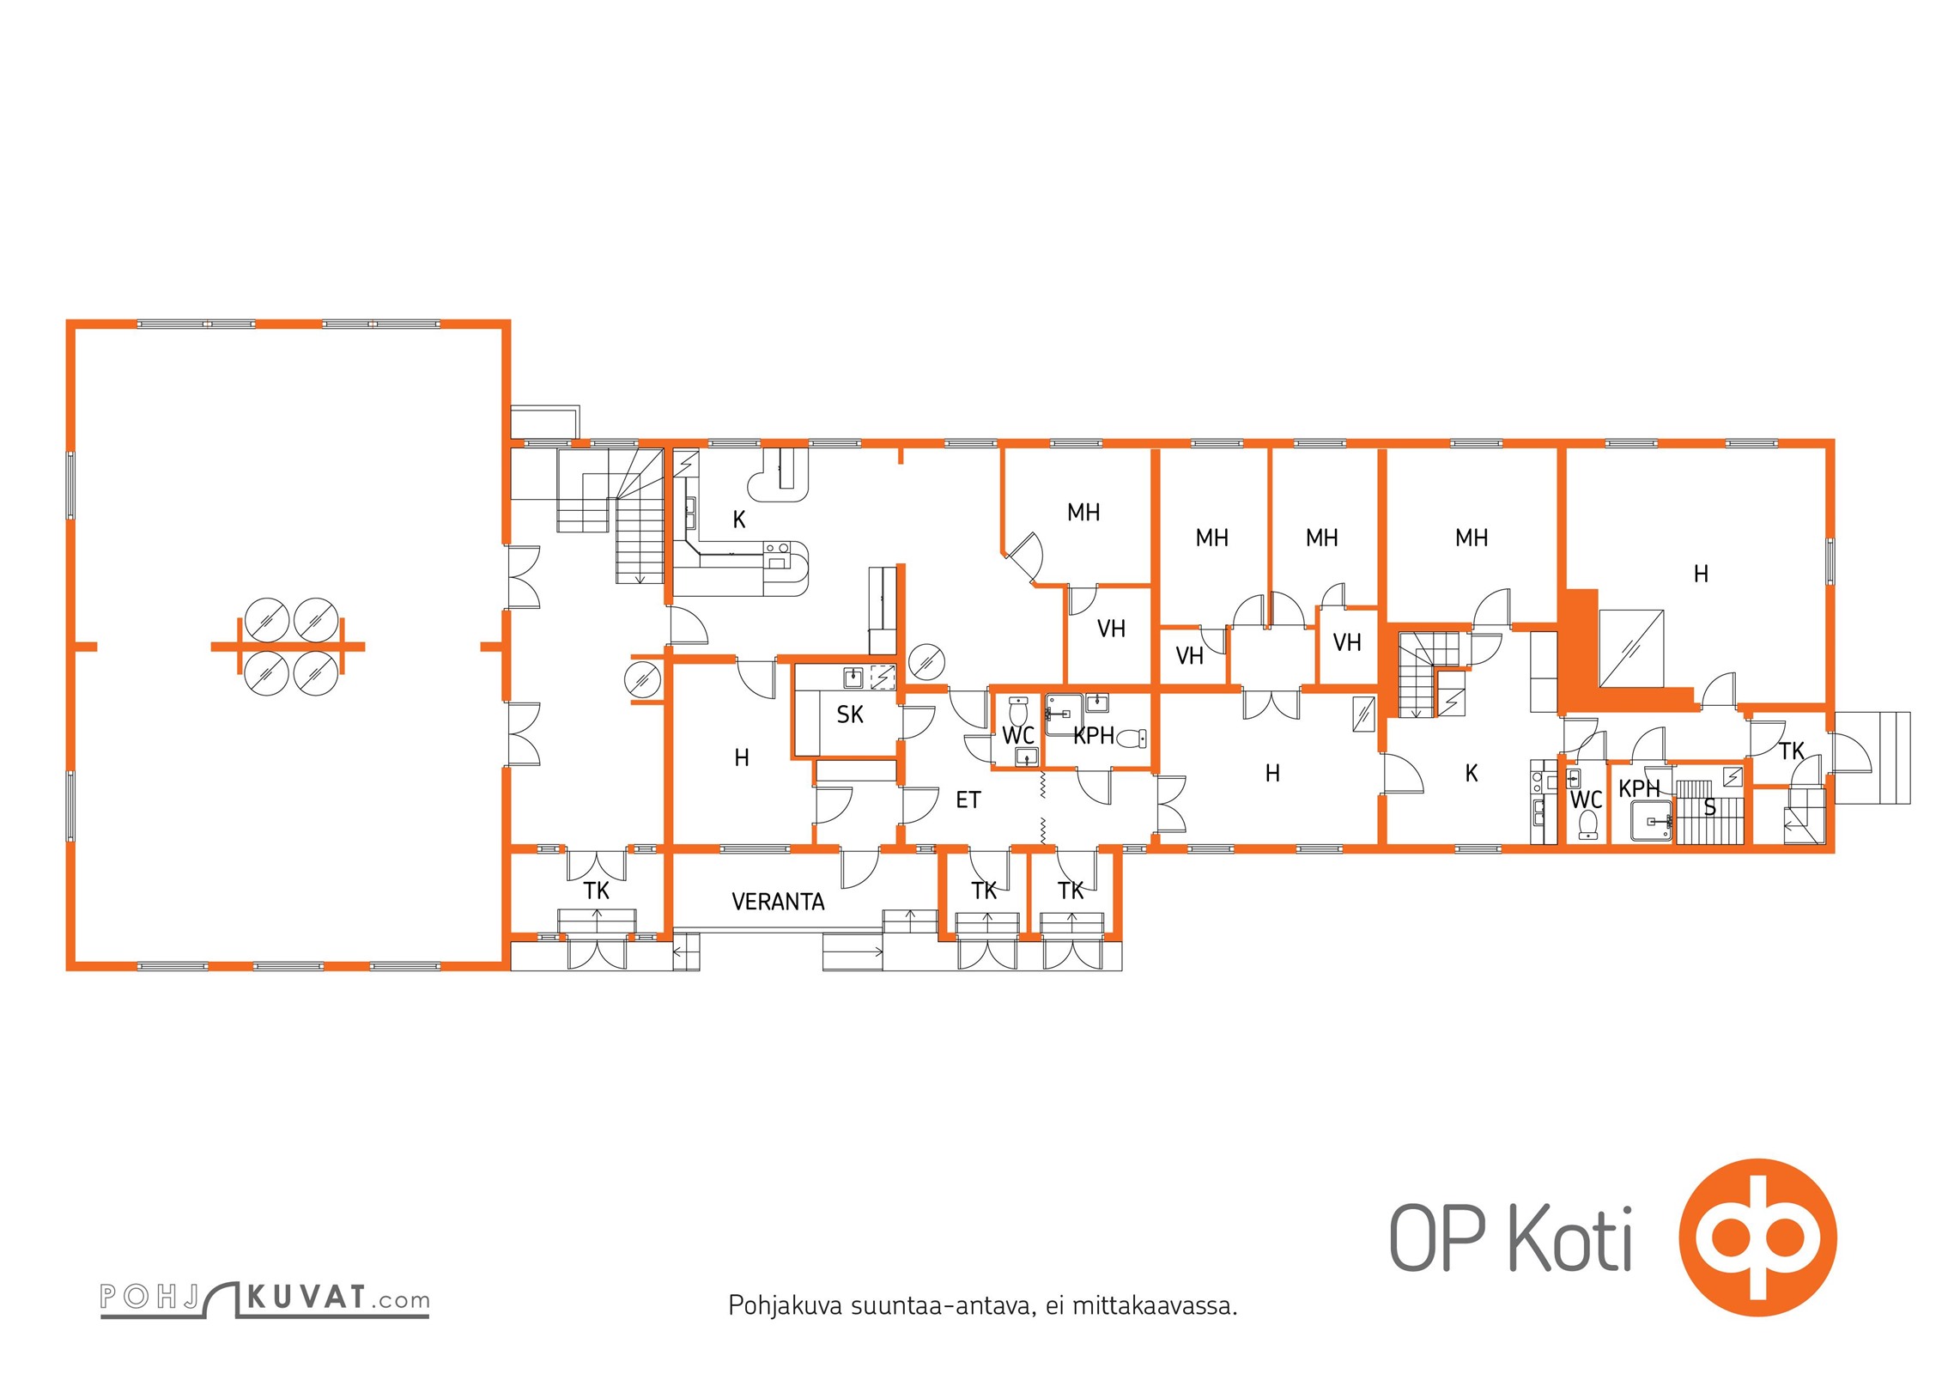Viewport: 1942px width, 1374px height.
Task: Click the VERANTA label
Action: pos(778,902)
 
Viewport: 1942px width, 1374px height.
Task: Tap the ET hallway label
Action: pos(968,800)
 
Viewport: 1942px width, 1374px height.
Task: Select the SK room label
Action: pos(850,714)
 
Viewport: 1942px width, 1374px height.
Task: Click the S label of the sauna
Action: pos(1709,807)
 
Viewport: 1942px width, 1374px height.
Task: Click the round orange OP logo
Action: pos(1757,1237)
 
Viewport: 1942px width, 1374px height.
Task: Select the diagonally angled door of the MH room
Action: pos(1024,554)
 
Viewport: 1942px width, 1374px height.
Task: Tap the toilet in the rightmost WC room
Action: pos(1587,824)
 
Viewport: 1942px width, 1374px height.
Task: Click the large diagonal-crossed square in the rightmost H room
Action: pos(1631,648)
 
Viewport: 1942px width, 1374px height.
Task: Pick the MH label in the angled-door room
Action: pos(1083,513)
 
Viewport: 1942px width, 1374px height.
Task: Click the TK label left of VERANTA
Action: pos(597,891)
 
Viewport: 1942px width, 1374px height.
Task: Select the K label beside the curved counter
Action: pos(739,520)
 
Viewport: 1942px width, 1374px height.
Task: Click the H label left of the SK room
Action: pos(742,757)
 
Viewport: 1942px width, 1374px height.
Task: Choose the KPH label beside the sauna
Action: pos(1639,788)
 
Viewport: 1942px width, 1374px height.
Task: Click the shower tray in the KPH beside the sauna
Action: pos(1652,820)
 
